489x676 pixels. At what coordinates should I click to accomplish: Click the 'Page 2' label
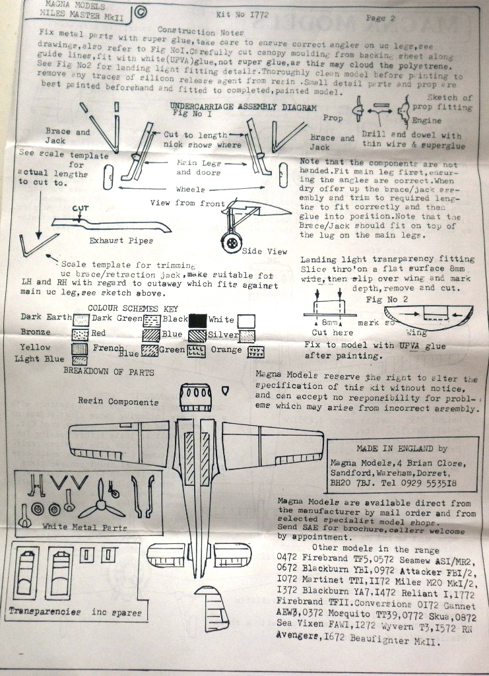pyautogui.click(x=379, y=18)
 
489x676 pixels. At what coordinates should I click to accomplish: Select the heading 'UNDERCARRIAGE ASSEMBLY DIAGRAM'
pyautogui.click(x=238, y=107)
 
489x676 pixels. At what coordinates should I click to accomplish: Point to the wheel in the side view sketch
pyautogui.click(x=231, y=243)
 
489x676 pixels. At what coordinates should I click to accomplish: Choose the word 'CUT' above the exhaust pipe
pyautogui.click(x=80, y=209)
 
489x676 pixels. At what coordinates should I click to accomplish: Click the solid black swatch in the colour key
pyautogui.click(x=197, y=321)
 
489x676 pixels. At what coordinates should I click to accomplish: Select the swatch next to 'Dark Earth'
pyautogui.click(x=80, y=320)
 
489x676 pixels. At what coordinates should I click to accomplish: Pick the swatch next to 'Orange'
pyautogui.click(x=256, y=352)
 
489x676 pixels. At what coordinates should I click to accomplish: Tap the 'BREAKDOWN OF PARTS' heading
pyautogui.click(x=109, y=372)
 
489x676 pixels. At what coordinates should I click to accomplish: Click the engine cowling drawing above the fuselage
pyautogui.click(x=195, y=397)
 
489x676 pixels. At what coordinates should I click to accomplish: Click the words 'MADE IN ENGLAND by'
pyautogui.click(x=401, y=448)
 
